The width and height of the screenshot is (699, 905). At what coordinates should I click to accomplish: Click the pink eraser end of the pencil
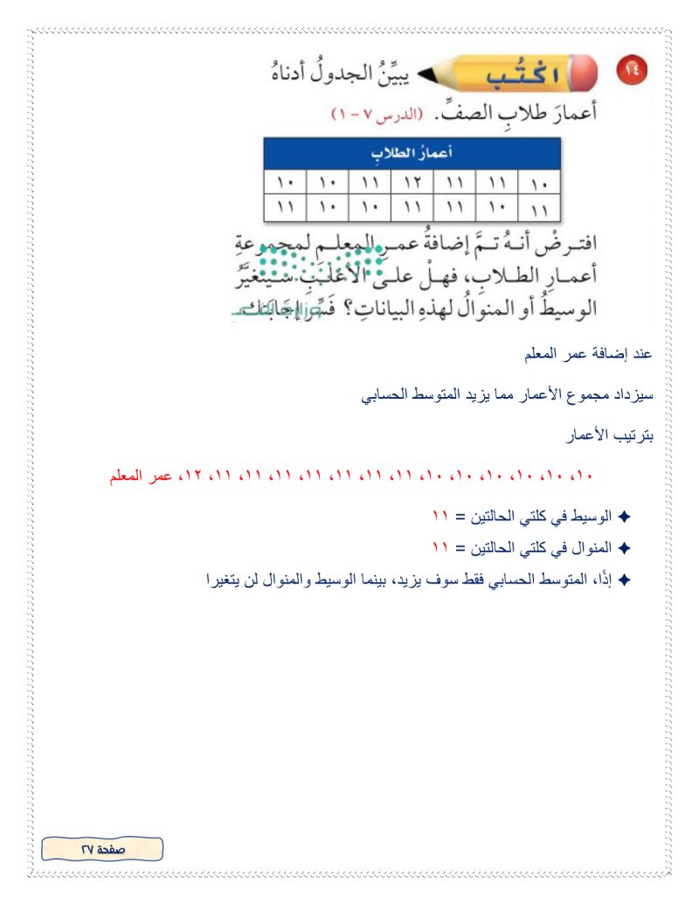586,75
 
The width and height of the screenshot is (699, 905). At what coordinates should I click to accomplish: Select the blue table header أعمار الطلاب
411,154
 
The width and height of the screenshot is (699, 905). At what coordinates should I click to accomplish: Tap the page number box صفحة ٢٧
103,847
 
